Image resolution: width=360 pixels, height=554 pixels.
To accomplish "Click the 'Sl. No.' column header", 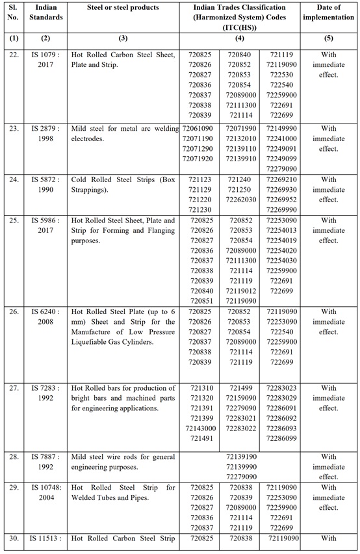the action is coord(14,11).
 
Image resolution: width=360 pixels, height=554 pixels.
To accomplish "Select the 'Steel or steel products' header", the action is coord(123,7).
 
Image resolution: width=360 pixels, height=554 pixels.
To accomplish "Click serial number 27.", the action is coord(14,388).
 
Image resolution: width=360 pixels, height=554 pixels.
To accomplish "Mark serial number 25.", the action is coord(14,220).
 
